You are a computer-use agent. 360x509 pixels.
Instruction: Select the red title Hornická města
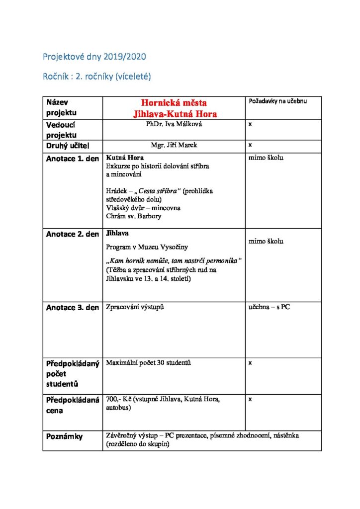(174, 103)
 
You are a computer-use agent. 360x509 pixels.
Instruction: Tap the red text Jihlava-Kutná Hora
(175, 114)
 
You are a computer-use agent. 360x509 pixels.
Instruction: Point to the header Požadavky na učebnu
(277, 101)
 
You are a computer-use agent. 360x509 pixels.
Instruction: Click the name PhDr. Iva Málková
(174, 124)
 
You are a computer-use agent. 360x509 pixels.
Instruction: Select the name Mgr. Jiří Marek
(174, 145)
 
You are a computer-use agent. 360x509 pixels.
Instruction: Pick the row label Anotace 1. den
(73, 159)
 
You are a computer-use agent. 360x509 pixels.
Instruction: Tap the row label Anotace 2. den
(73, 234)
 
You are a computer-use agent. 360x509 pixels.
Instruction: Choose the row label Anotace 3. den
(73, 308)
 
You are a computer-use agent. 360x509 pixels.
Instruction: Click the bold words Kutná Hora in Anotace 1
(122, 158)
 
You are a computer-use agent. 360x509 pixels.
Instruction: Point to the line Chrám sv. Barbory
(133, 216)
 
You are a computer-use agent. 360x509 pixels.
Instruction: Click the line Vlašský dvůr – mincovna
(143, 208)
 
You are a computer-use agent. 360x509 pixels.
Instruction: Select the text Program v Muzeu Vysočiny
(147, 247)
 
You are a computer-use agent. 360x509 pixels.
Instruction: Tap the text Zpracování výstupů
(135, 307)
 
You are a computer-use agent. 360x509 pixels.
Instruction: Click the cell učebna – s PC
(269, 307)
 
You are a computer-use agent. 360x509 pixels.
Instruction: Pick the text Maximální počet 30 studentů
(149, 362)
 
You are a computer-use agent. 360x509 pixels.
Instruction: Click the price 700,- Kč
(117, 399)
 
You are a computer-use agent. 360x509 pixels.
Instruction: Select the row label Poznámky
(65, 436)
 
